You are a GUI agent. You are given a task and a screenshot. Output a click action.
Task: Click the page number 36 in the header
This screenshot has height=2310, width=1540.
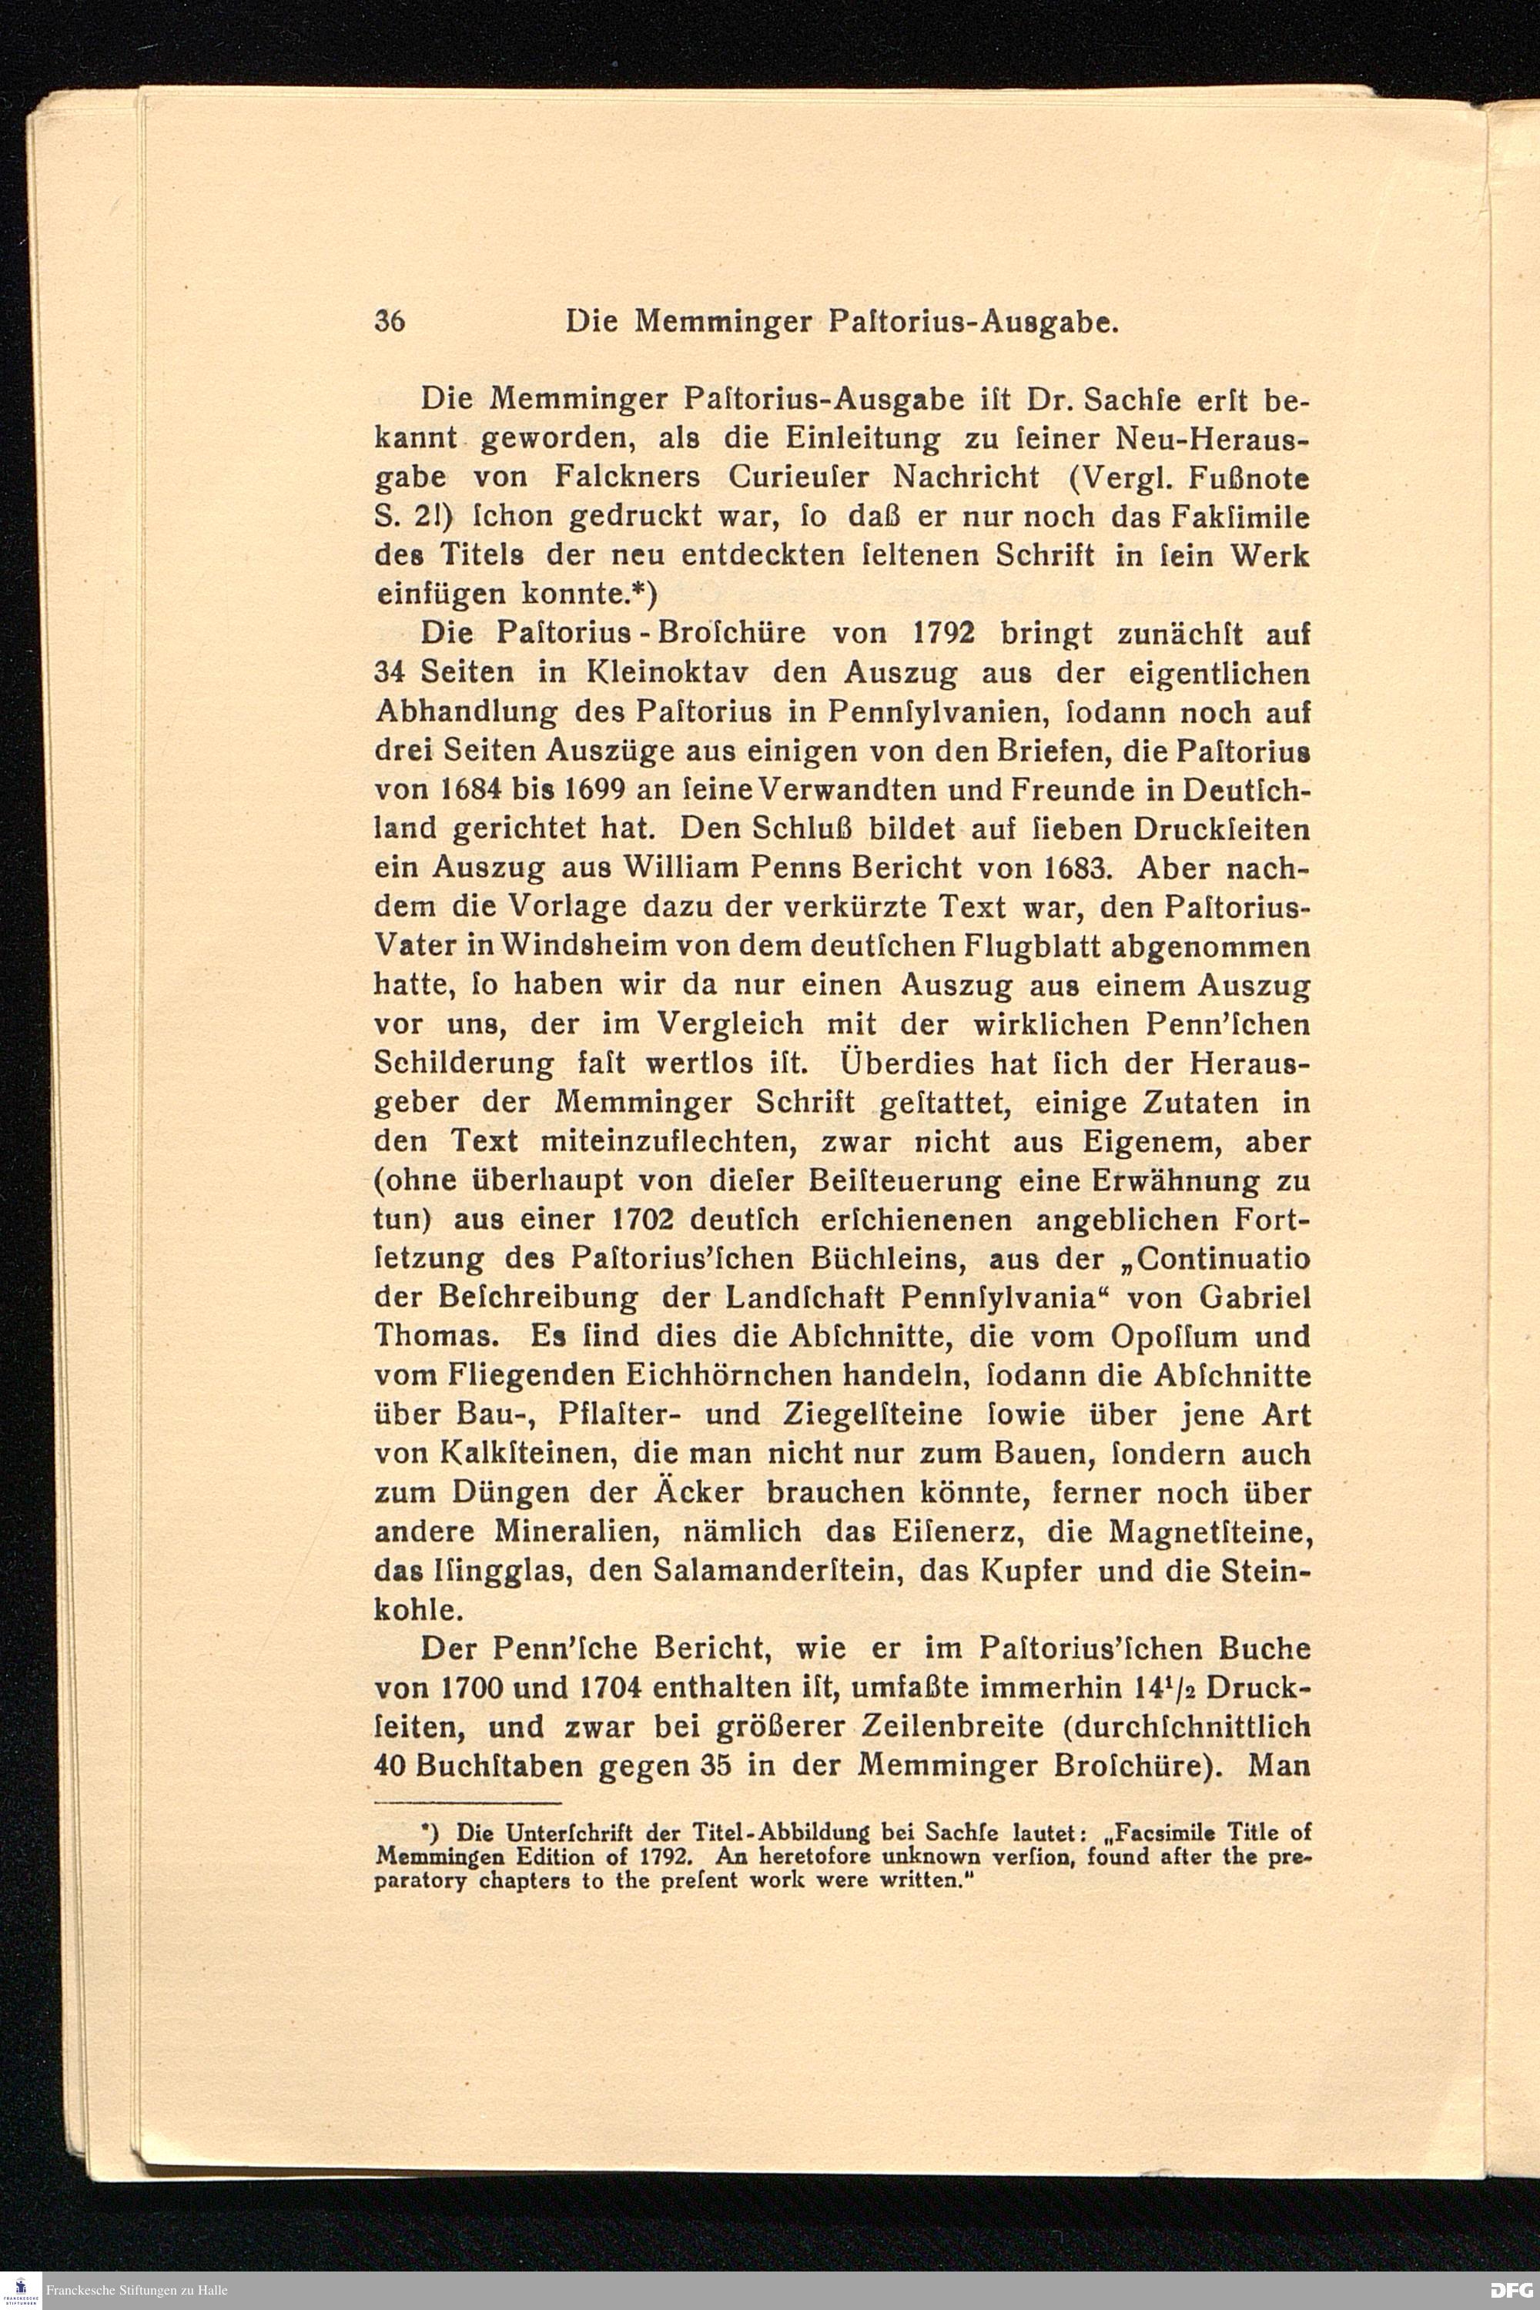tap(390, 323)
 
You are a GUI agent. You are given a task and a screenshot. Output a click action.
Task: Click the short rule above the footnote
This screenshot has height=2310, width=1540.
tap(467, 1803)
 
